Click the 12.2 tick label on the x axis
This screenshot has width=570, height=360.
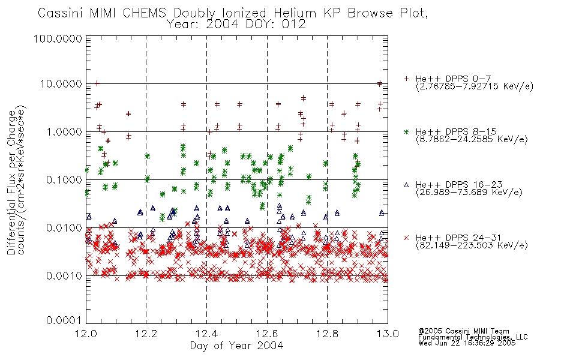[x=146, y=334]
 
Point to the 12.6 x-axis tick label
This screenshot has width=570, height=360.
[x=267, y=334]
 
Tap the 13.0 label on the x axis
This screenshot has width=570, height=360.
[x=388, y=334]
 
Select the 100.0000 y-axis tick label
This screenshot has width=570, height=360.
[x=58, y=38]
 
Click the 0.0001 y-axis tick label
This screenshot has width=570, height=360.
[x=64, y=320]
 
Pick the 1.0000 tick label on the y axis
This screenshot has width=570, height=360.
[x=64, y=131]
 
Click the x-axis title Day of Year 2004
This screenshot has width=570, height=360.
[x=236, y=346]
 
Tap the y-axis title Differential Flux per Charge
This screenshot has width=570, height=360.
[x=12, y=182]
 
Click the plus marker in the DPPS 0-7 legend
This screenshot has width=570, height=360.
[x=406, y=79]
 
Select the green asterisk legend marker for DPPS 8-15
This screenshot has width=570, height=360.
[x=406, y=131]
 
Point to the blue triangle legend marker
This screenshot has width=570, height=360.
[x=406, y=185]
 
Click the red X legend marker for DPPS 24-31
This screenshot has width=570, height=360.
[x=406, y=238]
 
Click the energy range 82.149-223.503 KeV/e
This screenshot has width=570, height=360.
[x=472, y=245]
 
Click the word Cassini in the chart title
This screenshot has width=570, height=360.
[x=61, y=13]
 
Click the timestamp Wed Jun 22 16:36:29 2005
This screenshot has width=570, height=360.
[x=467, y=343]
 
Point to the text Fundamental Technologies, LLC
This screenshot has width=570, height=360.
[x=473, y=337]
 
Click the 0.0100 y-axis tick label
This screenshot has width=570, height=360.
[x=64, y=227]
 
